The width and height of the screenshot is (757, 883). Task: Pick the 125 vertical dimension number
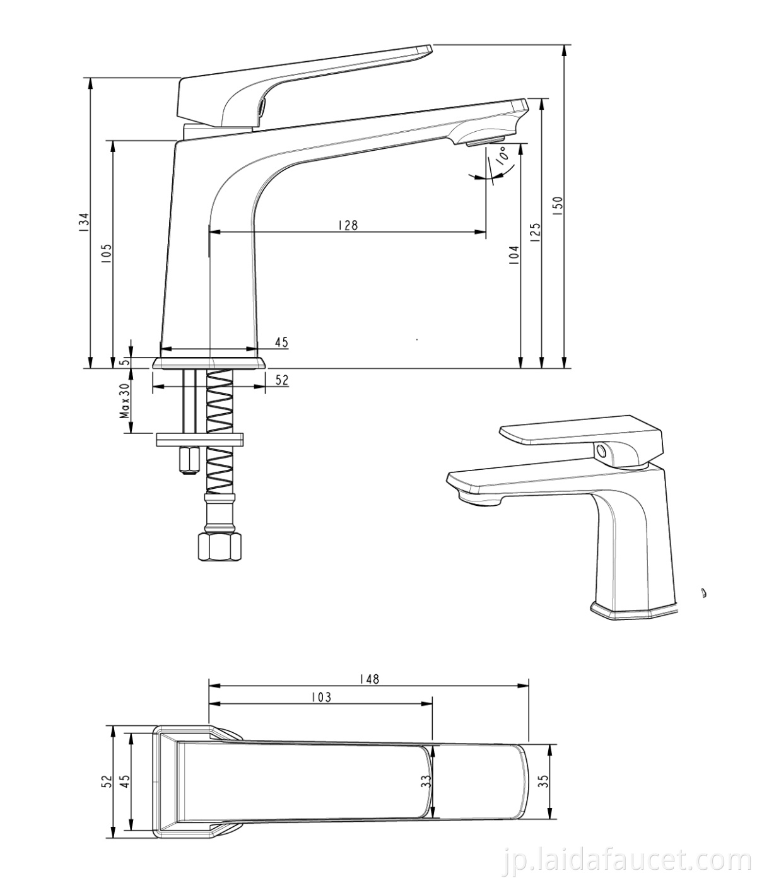click(x=536, y=231)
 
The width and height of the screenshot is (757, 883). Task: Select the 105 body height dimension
click(x=106, y=254)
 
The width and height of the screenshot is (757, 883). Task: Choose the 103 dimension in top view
click(x=320, y=697)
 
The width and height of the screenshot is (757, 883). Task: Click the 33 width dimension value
click(x=426, y=781)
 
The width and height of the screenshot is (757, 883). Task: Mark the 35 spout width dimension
click(x=544, y=781)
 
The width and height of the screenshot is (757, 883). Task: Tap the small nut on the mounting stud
click(x=188, y=461)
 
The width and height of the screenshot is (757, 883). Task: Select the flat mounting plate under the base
click(x=200, y=439)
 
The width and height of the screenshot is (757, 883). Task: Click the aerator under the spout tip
click(x=485, y=141)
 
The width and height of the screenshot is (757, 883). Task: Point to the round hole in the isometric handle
click(x=602, y=451)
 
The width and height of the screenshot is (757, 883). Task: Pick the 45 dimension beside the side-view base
click(x=281, y=342)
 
